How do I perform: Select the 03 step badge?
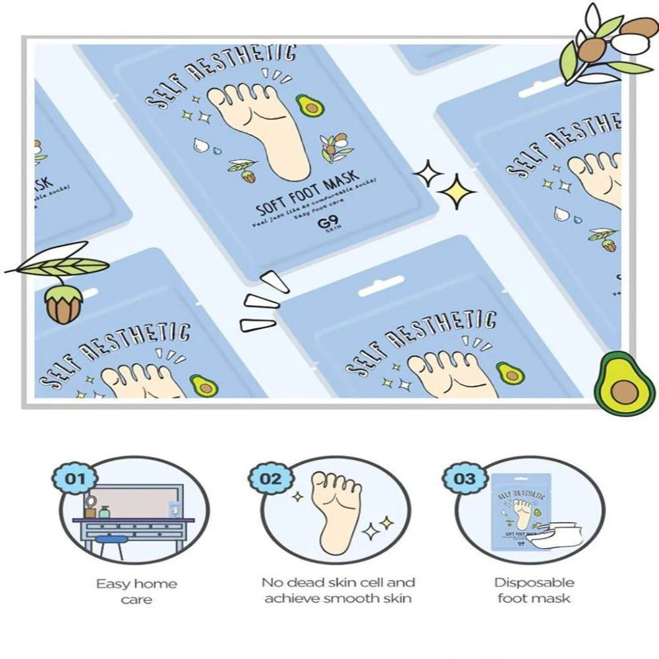point(465,478)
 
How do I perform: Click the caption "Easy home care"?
point(136,591)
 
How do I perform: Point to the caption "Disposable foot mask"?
point(534,590)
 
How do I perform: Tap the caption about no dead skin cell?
point(338,590)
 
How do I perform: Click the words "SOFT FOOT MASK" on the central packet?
point(308,192)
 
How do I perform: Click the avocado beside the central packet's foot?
point(306,104)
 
